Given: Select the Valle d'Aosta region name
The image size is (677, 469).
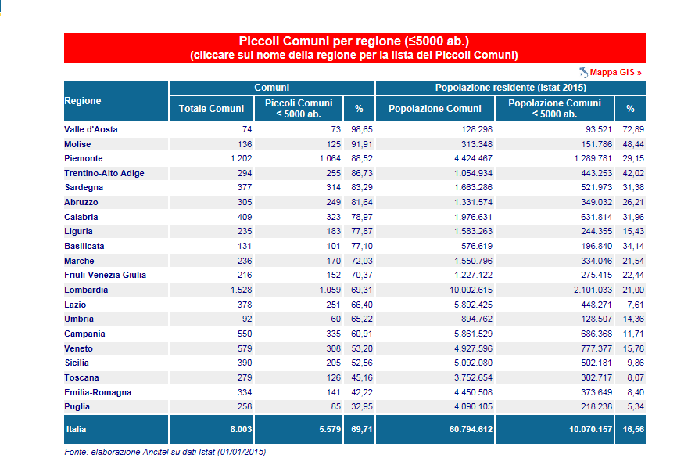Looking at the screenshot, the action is click(x=91, y=129).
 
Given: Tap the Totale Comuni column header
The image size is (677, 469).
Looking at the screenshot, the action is click(x=211, y=109).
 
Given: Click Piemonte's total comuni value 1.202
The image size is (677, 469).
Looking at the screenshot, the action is click(x=241, y=158).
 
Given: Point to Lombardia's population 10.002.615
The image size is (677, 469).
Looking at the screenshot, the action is click(x=471, y=290).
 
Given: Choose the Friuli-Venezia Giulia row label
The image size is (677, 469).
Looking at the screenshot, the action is click(x=105, y=275).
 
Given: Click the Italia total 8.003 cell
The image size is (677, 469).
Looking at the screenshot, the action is click(x=241, y=429).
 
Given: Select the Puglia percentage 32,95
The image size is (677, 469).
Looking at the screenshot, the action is click(x=362, y=406).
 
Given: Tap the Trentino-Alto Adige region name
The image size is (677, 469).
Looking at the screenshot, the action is click(x=104, y=173).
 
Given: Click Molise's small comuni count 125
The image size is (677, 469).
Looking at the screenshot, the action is click(x=333, y=144).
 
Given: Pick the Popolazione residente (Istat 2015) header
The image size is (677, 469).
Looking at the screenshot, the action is click(x=510, y=88).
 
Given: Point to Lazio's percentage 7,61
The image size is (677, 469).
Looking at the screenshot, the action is click(x=636, y=305).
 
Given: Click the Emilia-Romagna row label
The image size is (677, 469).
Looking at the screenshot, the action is click(x=98, y=392).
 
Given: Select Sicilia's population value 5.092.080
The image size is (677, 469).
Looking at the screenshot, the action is click(x=473, y=363).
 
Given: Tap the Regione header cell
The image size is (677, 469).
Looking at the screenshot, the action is click(x=82, y=101).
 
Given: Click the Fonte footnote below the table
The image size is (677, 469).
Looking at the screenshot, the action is click(x=165, y=452).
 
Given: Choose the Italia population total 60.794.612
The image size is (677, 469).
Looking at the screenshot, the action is click(x=471, y=429).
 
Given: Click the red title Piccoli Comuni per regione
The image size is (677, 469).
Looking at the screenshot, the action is click(x=354, y=41).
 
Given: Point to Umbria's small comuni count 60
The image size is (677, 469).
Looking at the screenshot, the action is click(x=336, y=319).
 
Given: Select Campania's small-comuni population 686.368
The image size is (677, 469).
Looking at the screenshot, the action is click(x=596, y=334).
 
